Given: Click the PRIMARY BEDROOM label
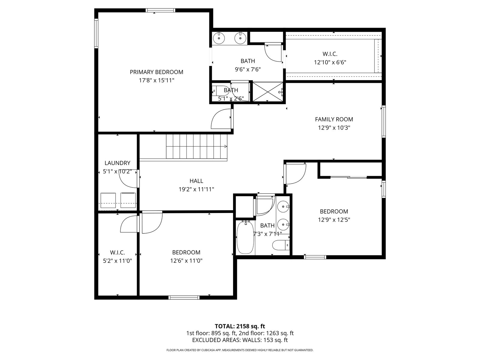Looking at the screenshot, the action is [156, 72].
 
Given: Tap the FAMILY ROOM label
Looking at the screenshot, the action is [334, 119].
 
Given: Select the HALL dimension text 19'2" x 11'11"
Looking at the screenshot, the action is [196, 189].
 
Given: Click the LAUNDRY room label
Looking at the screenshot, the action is [117, 163].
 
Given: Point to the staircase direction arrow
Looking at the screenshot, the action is [226, 146].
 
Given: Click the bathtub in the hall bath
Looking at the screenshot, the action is [246, 237].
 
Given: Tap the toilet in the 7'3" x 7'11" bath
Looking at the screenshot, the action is [281, 245].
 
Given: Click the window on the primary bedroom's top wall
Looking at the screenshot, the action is [160, 10].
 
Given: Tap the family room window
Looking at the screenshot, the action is [384, 121].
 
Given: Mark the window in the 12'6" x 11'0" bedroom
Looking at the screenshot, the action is [184, 298].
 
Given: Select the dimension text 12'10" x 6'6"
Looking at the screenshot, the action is [330, 62].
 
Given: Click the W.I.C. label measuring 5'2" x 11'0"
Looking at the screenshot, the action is [117, 253].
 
